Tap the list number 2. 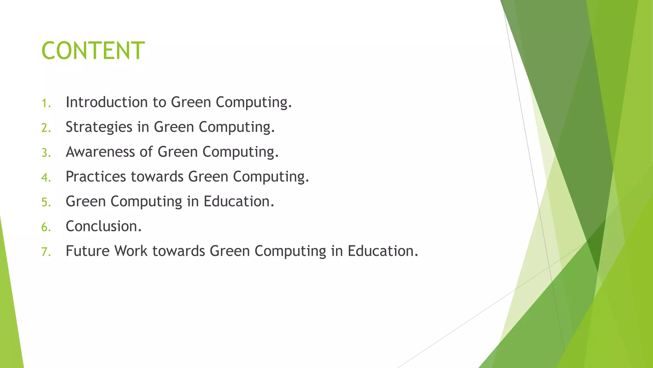pos(46,128)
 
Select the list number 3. pos(46,153)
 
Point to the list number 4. pos(46,177)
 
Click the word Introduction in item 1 pos(106,102)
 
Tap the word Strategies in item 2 pos(99,127)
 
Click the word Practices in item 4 pos(96,177)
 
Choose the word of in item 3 pos(146,152)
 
